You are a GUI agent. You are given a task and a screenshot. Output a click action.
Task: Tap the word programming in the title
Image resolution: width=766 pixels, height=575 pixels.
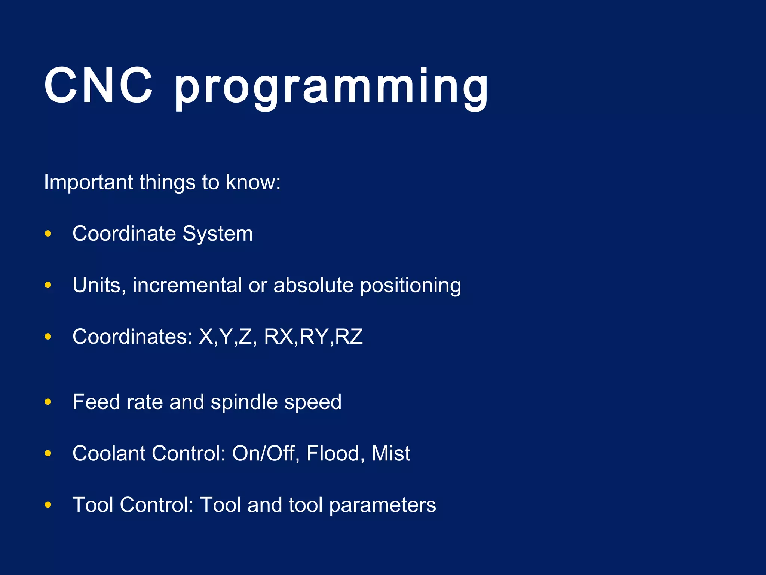331,88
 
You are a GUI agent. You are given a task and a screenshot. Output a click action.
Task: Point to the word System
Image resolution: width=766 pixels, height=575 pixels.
218,234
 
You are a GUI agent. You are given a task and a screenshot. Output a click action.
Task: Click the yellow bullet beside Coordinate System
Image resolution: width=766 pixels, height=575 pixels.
48,234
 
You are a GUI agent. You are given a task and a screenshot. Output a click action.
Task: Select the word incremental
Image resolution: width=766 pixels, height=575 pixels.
187,285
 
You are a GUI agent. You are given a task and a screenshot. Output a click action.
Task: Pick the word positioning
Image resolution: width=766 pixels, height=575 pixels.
411,286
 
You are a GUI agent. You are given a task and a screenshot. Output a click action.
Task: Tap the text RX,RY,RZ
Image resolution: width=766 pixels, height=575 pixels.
313,337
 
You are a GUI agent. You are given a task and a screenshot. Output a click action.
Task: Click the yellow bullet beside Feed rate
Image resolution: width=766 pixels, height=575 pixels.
48,402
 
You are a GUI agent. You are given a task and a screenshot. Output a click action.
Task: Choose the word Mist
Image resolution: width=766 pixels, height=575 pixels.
391,453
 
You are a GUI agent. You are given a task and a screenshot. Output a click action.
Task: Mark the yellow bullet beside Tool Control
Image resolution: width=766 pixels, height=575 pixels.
48,505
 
